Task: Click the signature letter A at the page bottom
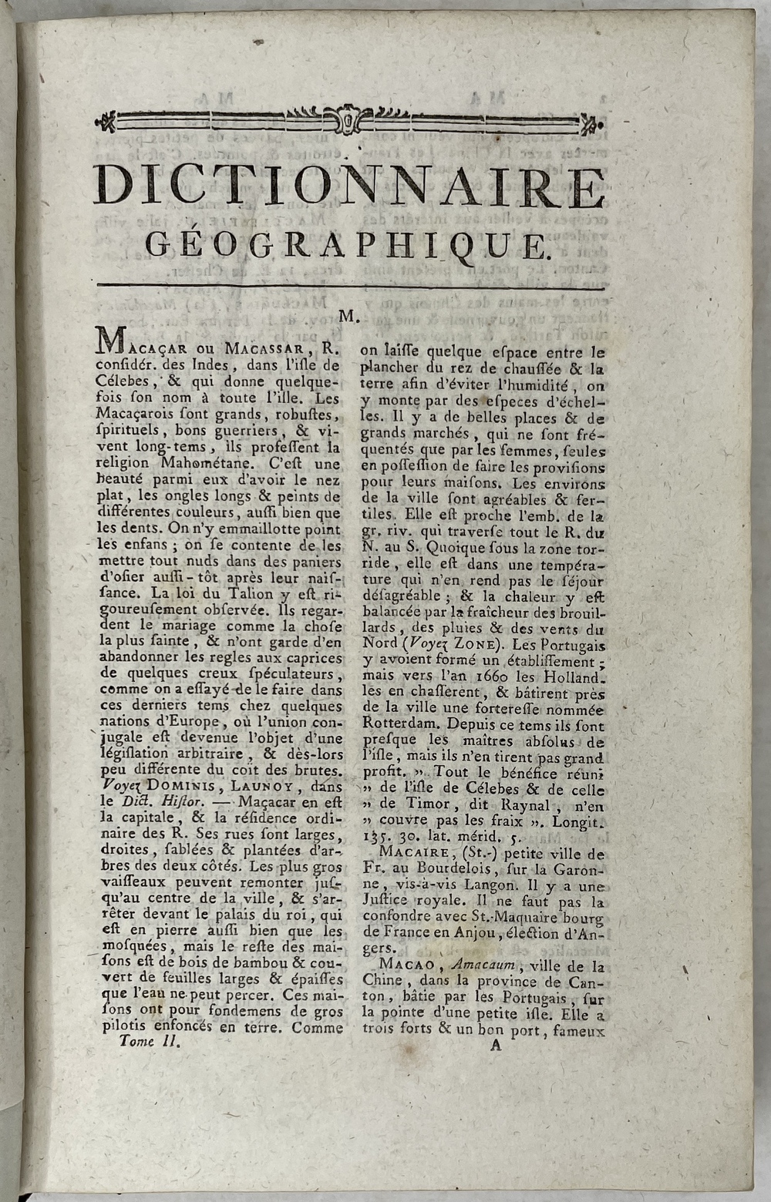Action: (x=495, y=1046)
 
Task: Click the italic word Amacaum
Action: (x=484, y=965)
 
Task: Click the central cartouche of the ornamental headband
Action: (x=348, y=121)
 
